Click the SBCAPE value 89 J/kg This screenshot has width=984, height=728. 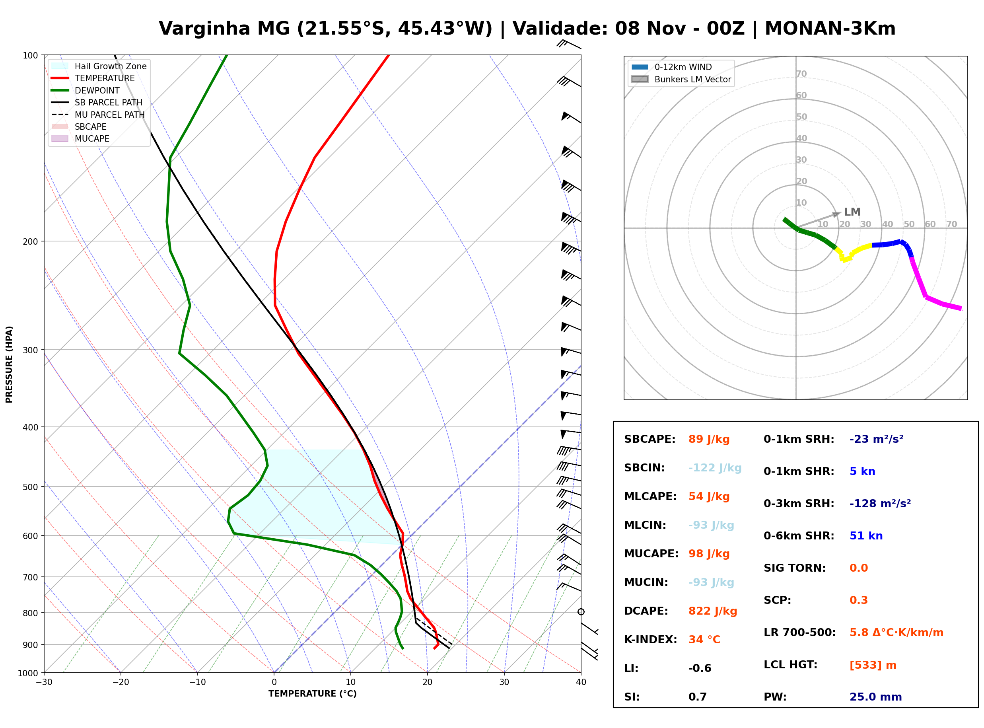click(x=709, y=439)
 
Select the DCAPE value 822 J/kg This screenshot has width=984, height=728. click(x=713, y=611)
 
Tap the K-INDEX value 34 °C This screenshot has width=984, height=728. click(x=704, y=640)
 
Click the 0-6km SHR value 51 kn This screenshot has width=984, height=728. click(x=866, y=536)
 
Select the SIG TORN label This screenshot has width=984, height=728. click(x=795, y=568)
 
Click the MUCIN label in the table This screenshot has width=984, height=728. click(x=646, y=582)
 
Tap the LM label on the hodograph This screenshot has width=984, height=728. click(x=852, y=212)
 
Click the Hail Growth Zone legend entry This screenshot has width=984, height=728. click(x=99, y=66)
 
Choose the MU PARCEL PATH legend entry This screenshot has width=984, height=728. click(x=98, y=115)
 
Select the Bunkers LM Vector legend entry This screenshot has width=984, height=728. click(x=681, y=79)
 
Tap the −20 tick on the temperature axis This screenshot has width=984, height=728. click(x=120, y=682)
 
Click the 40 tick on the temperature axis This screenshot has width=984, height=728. click(x=581, y=682)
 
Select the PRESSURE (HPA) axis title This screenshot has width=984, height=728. click(x=9, y=364)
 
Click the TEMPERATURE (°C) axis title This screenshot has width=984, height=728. click(x=313, y=694)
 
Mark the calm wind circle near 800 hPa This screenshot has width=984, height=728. click(x=581, y=612)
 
